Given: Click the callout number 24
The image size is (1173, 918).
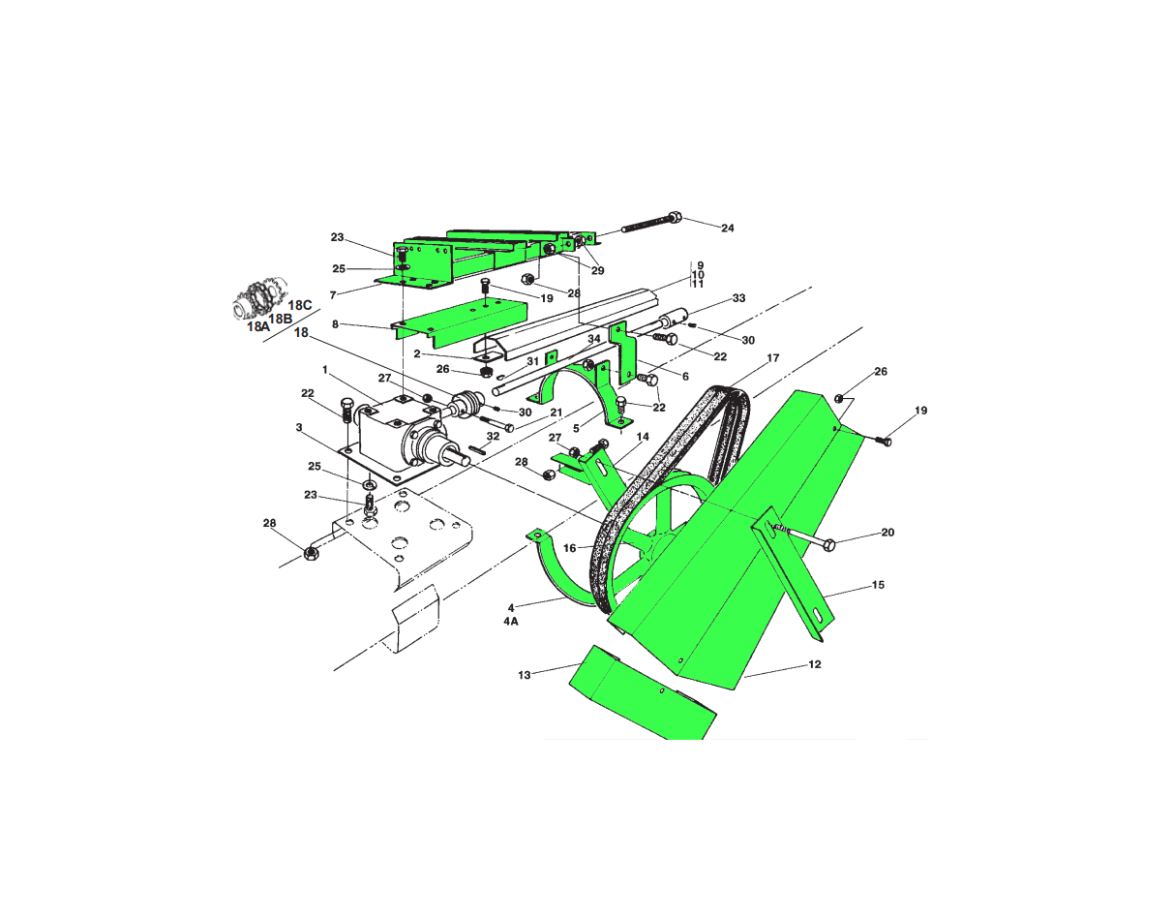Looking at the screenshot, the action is [x=727, y=228].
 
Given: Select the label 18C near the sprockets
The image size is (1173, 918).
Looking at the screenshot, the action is [x=300, y=305].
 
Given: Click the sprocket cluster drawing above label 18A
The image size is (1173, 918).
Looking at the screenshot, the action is [x=259, y=299].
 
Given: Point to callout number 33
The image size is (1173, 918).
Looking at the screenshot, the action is [x=738, y=298].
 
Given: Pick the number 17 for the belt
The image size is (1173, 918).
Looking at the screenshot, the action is [x=773, y=357].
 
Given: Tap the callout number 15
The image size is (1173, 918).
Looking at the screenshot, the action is [x=878, y=585].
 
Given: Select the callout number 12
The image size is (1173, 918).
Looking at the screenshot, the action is [x=815, y=664].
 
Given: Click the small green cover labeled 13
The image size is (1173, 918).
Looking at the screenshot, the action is [x=644, y=692].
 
